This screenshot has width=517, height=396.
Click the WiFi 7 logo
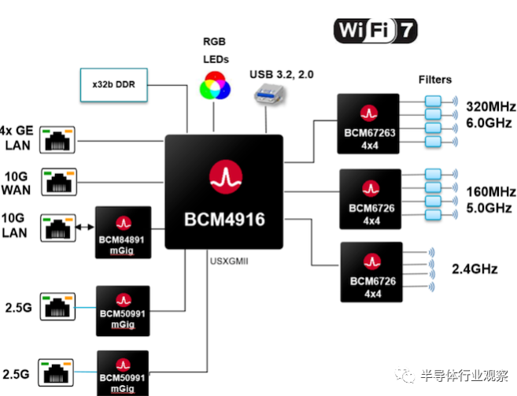pos(376,30)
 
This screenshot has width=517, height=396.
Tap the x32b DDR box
pos(116,83)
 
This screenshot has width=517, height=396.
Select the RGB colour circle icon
pos(215,86)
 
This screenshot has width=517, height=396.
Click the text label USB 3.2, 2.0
pos(281,74)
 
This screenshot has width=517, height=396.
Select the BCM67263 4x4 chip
pos(370,124)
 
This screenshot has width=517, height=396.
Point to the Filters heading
pos(436,80)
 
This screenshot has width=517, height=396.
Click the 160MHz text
pos(489,192)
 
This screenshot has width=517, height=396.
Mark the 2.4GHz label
pos(475,269)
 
